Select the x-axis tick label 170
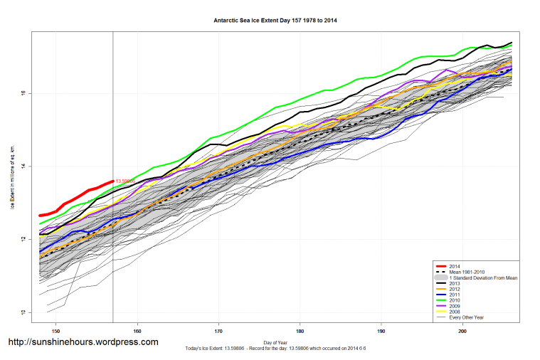(x=219, y=330)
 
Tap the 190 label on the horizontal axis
(x=381, y=330)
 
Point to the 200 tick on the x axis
(x=462, y=330)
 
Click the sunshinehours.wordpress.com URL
(x=83, y=342)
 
